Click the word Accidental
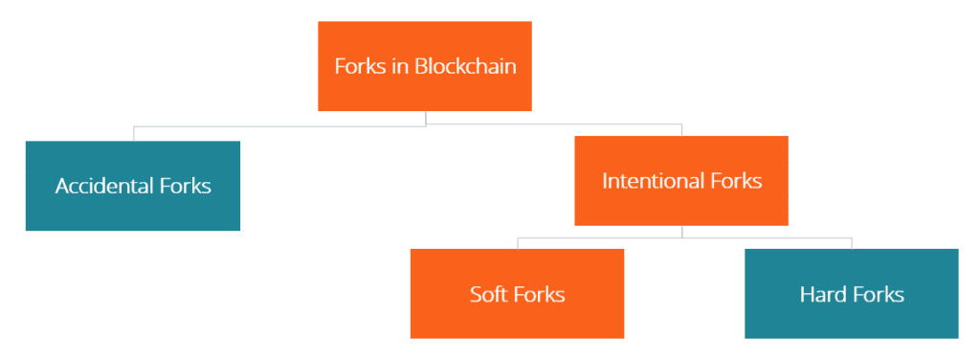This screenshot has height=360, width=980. (101, 186)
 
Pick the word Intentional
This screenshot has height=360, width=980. (650, 181)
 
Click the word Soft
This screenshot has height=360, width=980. (490, 294)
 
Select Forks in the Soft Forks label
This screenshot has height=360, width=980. (540, 294)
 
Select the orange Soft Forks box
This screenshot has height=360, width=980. (517, 321)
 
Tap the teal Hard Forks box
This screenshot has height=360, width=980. (851, 321)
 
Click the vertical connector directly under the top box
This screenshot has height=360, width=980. (425, 118)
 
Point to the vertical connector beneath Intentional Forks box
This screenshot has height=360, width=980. (681, 231)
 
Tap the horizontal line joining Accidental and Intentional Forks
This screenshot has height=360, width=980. (287, 125)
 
